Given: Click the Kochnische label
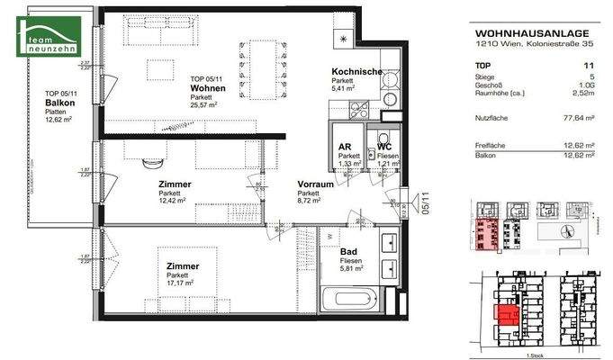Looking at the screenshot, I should (356, 72).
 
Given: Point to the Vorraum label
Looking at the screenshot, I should (315, 184).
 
